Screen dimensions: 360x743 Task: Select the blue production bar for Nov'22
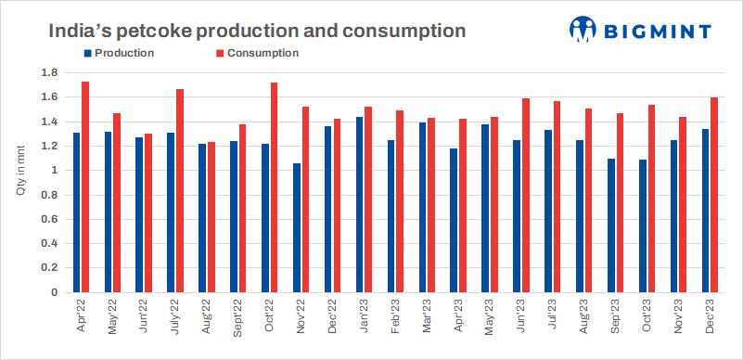pyautogui.click(x=297, y=228)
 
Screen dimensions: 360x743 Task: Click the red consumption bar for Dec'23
pyautogui.click(x=714, y=195)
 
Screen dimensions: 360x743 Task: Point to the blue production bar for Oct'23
pyautogui.click(x=642, y=226)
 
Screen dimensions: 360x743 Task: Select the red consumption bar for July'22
pyautogui.click(x=179, y=191)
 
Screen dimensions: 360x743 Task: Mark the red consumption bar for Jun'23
pyautogui.click(x=526, y=196)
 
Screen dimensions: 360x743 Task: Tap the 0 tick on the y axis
pyautogui.click(x=55, y=292)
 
